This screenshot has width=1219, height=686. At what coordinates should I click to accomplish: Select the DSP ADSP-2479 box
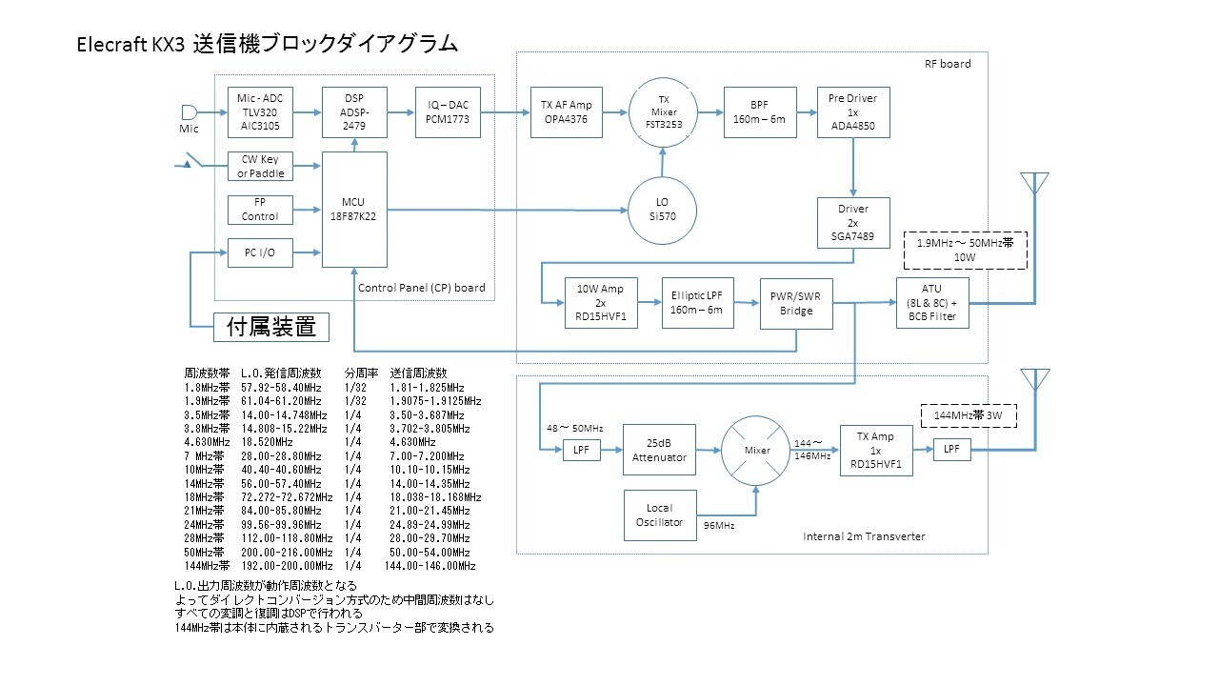[354, 112]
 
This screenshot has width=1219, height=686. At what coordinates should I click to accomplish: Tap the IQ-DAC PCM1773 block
[448, 112]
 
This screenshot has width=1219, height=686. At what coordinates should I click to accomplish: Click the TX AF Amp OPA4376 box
[567, 112]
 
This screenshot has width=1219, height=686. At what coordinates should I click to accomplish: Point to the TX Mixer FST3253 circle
[663, 112]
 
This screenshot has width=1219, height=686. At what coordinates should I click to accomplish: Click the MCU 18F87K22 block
[354, 210]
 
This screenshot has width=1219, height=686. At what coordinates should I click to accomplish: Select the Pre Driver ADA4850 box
[852, 112]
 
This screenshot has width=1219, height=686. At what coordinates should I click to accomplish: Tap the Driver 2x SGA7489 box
[852, 221]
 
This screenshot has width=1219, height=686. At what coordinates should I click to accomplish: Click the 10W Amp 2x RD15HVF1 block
[601, 303]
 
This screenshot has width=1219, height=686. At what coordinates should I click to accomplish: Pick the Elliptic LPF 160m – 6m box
[698, 303]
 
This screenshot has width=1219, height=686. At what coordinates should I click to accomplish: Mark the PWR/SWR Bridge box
[796, 303]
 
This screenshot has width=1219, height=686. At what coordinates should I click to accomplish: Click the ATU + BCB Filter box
[932, 303]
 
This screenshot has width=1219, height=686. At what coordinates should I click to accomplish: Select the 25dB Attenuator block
[659, 450]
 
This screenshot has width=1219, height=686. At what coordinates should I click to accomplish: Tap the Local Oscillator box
[659, 515]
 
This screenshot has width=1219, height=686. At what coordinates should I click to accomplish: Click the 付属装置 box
[270, 328]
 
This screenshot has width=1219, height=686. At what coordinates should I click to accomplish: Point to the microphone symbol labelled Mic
[190, 112]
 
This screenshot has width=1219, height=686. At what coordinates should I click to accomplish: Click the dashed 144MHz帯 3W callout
[976, 415]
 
